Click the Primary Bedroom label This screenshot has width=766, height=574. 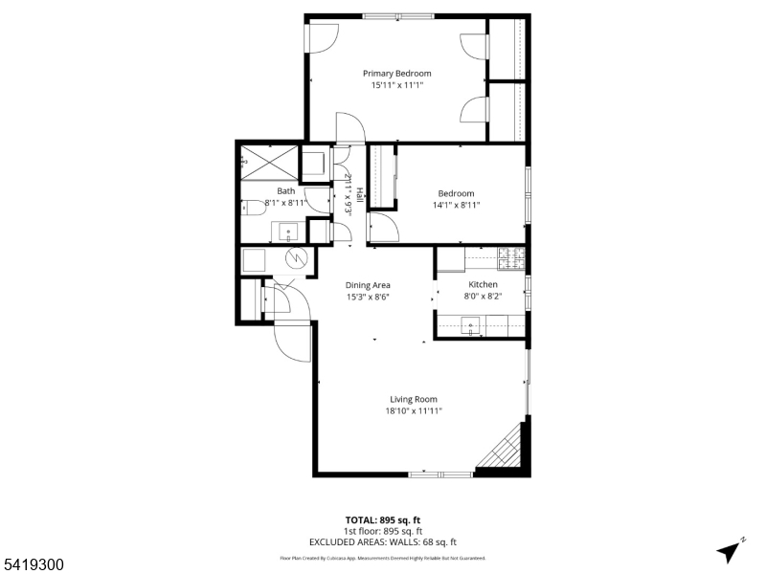click(x=396, y=74)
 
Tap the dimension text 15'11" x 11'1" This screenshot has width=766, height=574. click(x=396, y=85)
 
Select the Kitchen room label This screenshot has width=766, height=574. click(x=483, y=285)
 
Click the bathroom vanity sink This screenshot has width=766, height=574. click(x=289, y=231)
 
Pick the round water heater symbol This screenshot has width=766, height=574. click(x=298, y=258)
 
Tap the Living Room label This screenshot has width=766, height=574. click(x=414, y=399)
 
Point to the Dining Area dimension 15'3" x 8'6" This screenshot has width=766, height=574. click(x=368, y=297)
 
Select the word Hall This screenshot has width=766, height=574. click(x=360, y=194)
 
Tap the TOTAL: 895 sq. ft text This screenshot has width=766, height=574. click(x=383, y=520)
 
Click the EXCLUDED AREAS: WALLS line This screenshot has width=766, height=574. click(x=383, y=541)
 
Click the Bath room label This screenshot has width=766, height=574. click(x=259, y=191)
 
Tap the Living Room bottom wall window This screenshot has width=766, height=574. click(x=439, y=474)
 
